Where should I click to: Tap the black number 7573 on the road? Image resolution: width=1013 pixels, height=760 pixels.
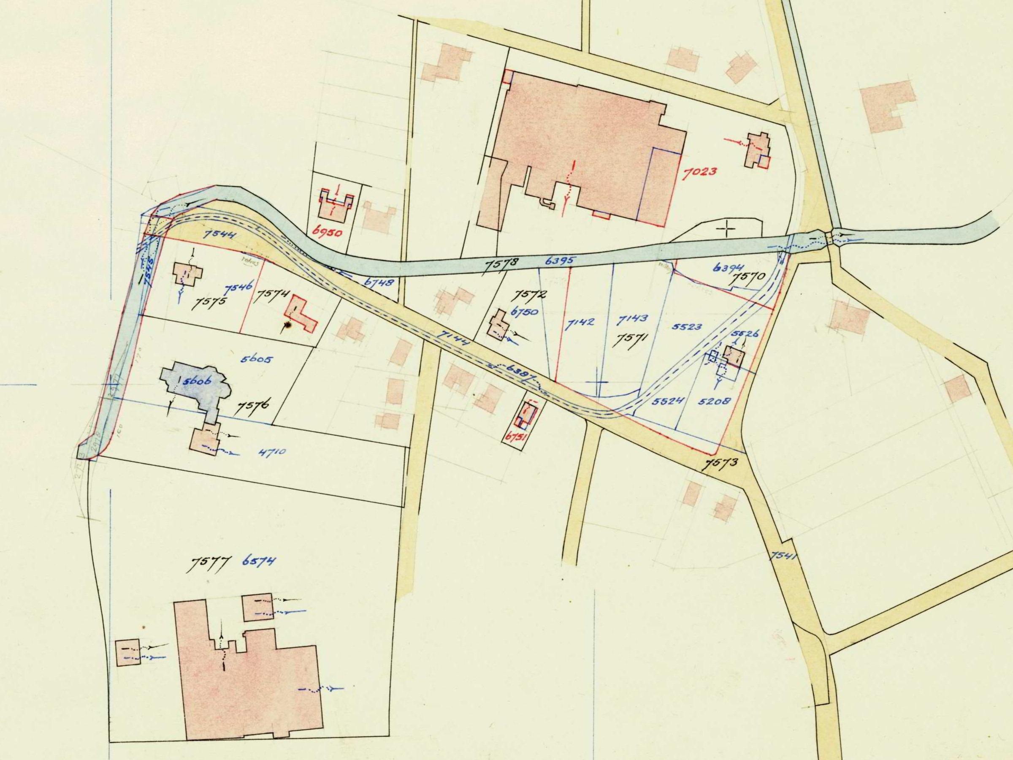[x=721, y=463]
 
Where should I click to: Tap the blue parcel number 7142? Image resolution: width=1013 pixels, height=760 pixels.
[x=580, y=322]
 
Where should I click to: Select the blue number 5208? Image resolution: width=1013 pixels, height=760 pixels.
[x=714, y=401]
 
